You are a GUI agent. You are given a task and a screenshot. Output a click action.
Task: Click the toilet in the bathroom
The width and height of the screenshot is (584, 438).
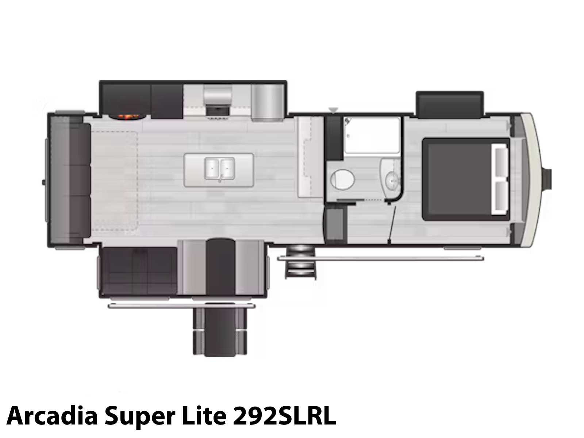(342, 179)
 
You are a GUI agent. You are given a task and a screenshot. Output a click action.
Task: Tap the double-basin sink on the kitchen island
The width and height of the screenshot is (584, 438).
(219, 168)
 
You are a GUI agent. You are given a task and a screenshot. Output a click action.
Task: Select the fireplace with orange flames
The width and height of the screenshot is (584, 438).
(127, 117)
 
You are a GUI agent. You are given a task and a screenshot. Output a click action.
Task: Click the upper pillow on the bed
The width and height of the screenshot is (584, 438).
(500, 162)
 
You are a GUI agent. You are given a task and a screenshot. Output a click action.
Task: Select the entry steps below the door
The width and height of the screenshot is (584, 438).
(300, 262)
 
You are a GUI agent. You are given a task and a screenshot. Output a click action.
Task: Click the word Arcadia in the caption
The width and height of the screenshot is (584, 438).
(52, 416)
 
